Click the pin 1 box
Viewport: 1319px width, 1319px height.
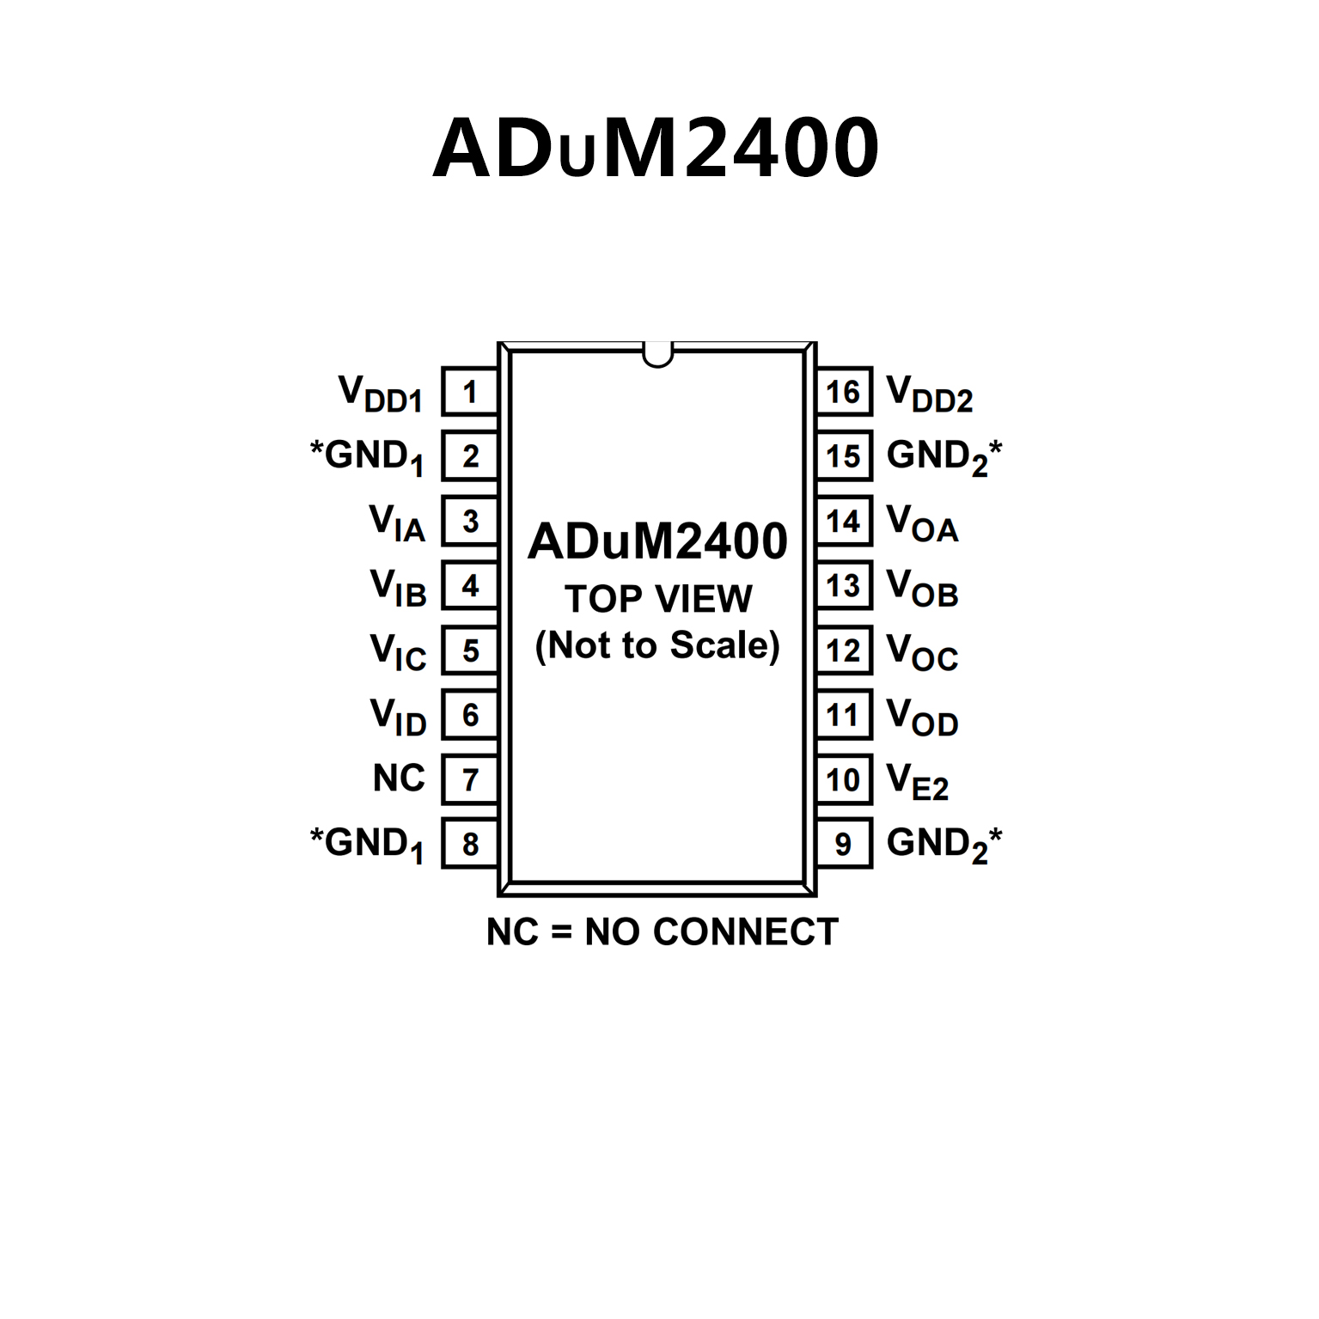point(470,392)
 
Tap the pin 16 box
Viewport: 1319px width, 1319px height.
point(844,392)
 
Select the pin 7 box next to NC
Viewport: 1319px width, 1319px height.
point(470,779)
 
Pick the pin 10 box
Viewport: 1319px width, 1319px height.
point(844,779)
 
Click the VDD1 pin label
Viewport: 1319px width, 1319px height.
point(381,394)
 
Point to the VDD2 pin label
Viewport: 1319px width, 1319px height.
point(929,394)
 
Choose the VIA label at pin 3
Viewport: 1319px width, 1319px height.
point(397,522)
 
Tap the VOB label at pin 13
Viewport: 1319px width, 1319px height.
point(922,588)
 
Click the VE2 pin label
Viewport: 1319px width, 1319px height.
point(917,781)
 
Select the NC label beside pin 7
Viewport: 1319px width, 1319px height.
point(399,779)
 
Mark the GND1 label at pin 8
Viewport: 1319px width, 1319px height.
point(368,844)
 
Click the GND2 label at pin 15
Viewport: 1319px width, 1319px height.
point(943,456)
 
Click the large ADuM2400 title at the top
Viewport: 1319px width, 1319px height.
point(656,148)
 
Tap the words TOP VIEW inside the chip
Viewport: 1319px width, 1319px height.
point(658,599)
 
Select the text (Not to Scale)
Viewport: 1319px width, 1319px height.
point(657,645)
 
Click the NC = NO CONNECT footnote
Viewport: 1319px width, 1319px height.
point(662,932)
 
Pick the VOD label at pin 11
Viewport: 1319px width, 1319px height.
point(922,717)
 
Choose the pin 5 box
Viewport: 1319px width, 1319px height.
point(470,650)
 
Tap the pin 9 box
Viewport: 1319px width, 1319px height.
point(844,844)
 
